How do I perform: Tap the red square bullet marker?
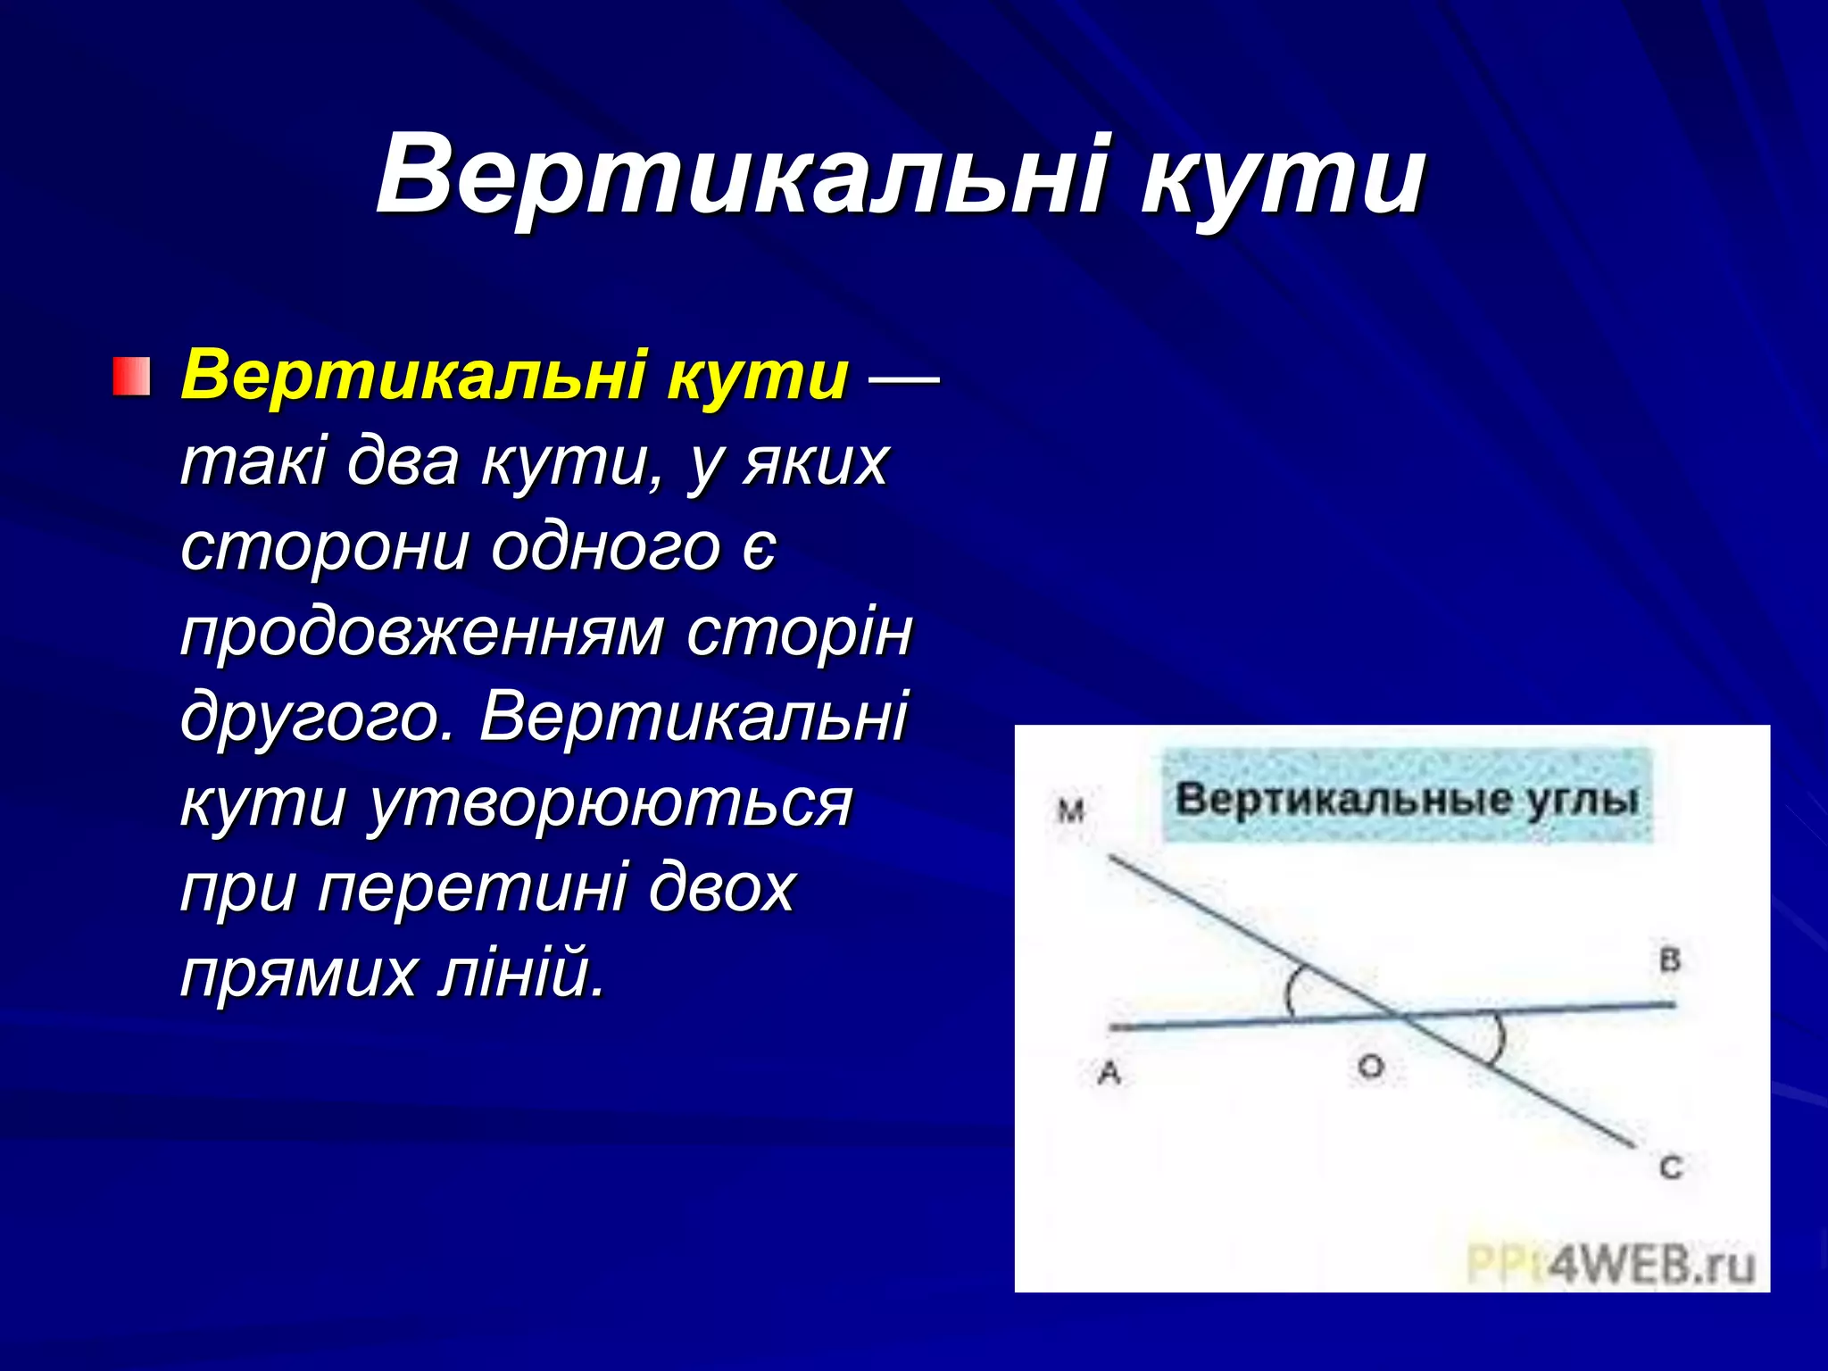pos(130,377)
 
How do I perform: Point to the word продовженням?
pos(421,632)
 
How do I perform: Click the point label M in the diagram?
pos(1070,811)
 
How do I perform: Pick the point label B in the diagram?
pos(1669,960)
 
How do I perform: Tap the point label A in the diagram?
pos(1109,1072)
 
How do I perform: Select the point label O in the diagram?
pos(1370,1066)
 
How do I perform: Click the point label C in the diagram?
pos(1671,1167)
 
